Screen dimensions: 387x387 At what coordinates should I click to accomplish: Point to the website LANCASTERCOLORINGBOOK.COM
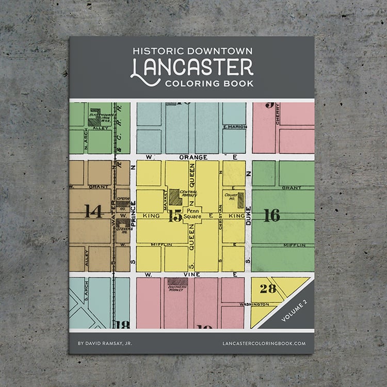[264, 343]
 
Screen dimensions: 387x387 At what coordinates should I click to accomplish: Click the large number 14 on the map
[93, 212]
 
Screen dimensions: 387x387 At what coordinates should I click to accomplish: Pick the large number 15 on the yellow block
[175, 216]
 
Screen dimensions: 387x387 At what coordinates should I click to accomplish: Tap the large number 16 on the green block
[271, 215]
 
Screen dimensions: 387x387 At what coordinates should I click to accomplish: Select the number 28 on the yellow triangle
[268, 288]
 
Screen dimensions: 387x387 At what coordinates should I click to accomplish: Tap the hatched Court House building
[240, 200]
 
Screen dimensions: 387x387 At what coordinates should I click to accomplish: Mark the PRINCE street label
[133, 214]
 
